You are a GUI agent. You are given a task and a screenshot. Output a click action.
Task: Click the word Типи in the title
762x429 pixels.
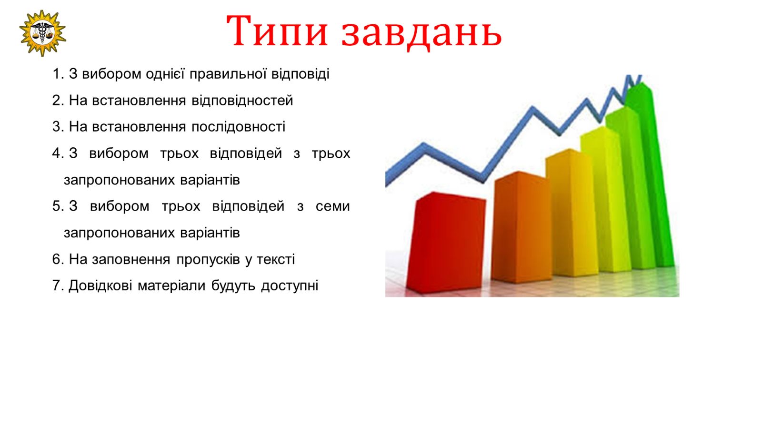click(277, 31)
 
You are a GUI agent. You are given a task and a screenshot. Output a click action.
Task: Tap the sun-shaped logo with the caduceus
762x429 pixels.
click(42, 33)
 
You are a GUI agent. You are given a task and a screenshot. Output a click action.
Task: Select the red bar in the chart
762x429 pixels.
click(446, 243)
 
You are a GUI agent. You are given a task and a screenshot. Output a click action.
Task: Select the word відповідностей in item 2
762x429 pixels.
click(242, 101)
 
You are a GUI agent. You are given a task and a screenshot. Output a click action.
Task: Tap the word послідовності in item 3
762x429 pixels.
click(238, 127)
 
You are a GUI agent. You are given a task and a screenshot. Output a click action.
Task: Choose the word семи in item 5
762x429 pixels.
click(332, 206)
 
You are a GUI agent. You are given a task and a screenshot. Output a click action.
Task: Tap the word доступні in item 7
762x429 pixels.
click(290, 286)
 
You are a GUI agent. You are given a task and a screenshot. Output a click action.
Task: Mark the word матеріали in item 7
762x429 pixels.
click(171, 286)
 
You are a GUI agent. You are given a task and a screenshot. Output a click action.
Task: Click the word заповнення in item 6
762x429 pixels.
click(131, 259)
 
